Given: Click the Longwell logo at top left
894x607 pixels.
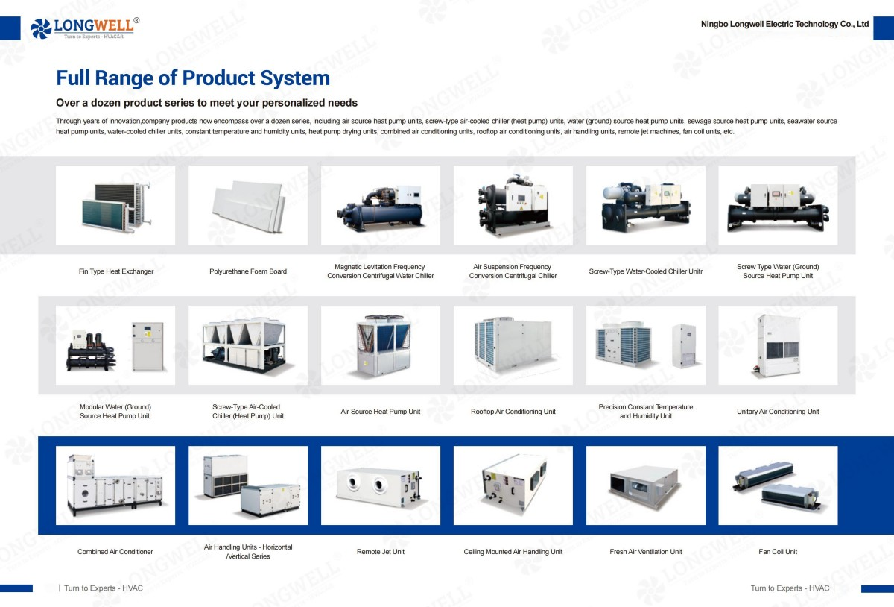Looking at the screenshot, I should pos(84,28).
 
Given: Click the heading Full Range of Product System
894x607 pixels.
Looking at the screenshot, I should pos(193,78).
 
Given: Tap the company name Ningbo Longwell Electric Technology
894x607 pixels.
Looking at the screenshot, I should pos(784,24).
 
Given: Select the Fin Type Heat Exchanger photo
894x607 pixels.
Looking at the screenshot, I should pos(115,205).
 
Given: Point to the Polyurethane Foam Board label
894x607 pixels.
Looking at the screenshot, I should pos(248,271).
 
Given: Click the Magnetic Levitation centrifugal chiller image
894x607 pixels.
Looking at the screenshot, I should pos(381,205).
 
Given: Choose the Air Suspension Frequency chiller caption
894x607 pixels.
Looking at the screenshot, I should pos(513,271).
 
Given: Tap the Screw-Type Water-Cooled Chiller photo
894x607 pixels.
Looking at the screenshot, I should pos(645,205).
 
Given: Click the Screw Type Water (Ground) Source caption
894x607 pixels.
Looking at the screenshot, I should pos(778,271).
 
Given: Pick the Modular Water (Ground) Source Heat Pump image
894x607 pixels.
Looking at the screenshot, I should pos(115,345).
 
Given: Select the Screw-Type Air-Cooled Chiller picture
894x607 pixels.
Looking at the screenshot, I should pos(248,345).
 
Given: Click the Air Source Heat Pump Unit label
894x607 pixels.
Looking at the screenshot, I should pos(381,412).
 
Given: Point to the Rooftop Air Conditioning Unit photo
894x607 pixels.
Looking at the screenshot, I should pos(513,345).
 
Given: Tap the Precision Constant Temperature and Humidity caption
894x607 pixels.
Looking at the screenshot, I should pos(645,412).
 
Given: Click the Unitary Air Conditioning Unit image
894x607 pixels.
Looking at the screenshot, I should pos(778,345).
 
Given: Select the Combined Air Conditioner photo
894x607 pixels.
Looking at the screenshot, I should pos(115,485).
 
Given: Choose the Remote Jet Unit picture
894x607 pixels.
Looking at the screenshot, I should pos(381,485).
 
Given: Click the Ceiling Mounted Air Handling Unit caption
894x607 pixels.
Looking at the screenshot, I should pos(513,552).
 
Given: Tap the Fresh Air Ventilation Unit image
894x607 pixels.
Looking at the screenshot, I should pos(645,485).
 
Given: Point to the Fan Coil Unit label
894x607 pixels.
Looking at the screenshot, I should pos(778,552).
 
